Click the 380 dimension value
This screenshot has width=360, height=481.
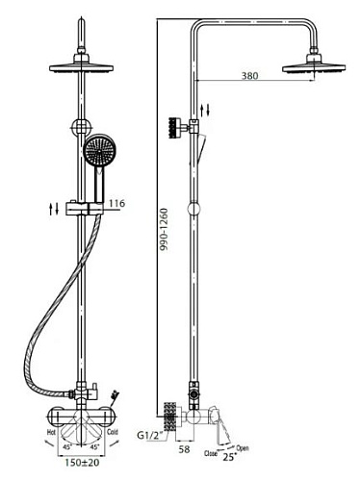click(249, 76)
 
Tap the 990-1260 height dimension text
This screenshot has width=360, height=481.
click(164, 229)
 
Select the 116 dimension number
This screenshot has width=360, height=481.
click(116, 203)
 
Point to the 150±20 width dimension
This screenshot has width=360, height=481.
click(82, 463)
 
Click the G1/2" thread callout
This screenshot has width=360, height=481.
click(150, 436)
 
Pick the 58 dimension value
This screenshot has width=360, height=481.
click(184, 449)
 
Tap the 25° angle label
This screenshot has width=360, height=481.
click(229, 457)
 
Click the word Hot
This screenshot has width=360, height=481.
click(52, 432)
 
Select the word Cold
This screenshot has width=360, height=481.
click(113, 432)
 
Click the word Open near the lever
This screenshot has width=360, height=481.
click(243, 448)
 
